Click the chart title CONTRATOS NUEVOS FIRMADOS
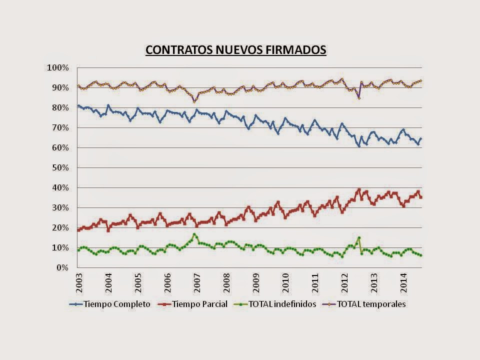click(235, 50)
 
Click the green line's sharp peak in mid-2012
click(359, 238)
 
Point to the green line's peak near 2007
click(194, 234)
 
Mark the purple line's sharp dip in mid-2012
click(359, 98)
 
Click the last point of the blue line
click(421, 138)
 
